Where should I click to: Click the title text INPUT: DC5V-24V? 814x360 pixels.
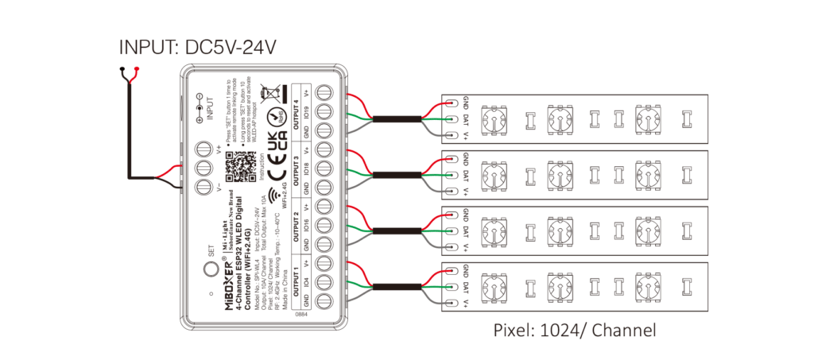pos(198,48)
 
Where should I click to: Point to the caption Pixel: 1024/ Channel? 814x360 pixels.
pos(576,329)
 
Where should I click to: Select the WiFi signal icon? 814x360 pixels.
pos(273,196)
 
